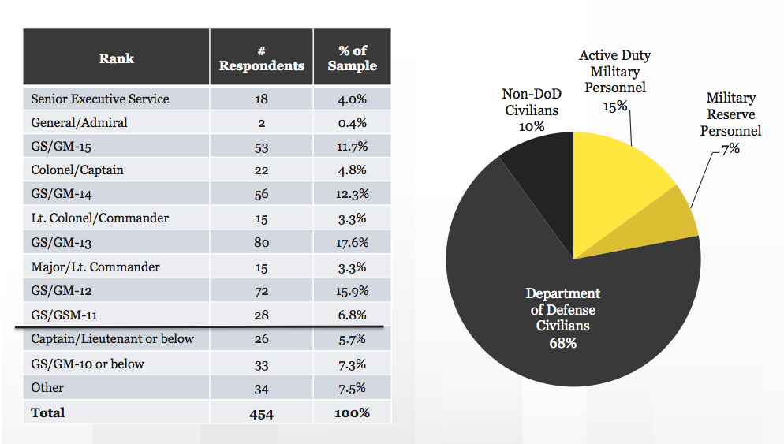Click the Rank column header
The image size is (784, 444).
tap(116, 58)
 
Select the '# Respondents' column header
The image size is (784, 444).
tap(261, 58)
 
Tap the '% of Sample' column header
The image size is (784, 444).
tap(352, 58)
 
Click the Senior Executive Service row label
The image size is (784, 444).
tap(100, 99)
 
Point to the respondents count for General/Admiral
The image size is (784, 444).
tap(261, 123)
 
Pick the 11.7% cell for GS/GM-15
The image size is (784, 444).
tap(352, 147)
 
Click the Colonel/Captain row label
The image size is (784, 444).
tap(77, 170)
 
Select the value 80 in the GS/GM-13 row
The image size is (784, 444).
tap(261, 243)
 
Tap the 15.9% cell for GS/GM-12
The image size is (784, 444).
tap(352, 291)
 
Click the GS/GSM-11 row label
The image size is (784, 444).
tap(64, 315)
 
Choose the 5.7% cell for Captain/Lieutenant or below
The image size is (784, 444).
tap(352, 339)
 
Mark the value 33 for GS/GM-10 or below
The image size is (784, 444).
tap(261, 364)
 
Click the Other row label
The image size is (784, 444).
tap(47, 388)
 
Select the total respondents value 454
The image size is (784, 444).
tap(261, 413)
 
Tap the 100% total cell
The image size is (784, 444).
tap(352, 413)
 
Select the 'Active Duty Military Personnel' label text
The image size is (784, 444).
tap(614, 71)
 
